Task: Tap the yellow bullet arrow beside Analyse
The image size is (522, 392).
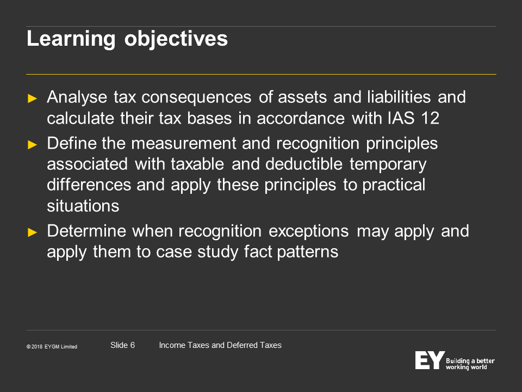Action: (x=32, y=99)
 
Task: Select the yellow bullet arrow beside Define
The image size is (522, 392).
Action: (x=32, y=144)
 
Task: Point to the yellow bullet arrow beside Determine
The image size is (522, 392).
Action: (x=32, y=232)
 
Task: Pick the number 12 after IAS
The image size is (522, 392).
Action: (x=430, y=118)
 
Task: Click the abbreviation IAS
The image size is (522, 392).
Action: (x=401, y=118)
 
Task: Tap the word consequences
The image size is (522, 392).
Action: (x=196, y=97)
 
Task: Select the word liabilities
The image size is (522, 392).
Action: (x=399, y=97)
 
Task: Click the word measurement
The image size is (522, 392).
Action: (x=184, y=144)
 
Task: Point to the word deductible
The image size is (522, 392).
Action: (x=304, y=164)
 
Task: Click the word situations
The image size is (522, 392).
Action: (x=83, y=206)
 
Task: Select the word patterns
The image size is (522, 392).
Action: (x=308, y=252)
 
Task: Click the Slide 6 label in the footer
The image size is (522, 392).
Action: (x=122, y=345)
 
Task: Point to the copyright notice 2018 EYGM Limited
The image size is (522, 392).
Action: (x=52, y=347)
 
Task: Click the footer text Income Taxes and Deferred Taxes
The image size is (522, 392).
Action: (x=220, y=345)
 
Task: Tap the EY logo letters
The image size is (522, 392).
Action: (x=430, y=360)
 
